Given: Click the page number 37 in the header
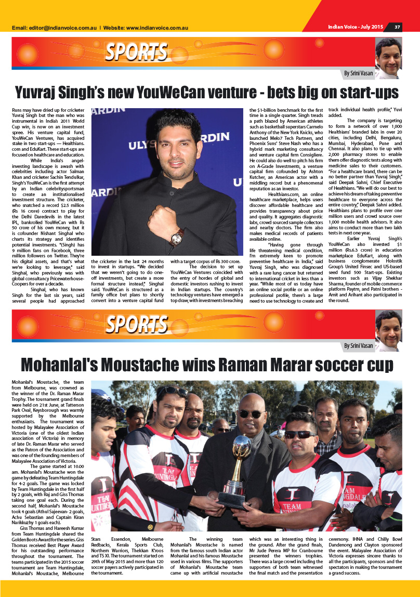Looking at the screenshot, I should [x=397, y=27].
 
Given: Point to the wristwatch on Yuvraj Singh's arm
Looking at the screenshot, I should [x=176, y=238].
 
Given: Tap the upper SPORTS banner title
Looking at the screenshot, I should [x=136, y=52].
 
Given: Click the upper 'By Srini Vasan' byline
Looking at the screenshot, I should [x=358, y=74].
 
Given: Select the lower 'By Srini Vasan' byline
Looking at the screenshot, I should [x=358, y=346].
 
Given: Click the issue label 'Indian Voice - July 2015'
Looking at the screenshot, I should [x=356, y=27].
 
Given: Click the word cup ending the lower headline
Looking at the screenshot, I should [x=381, y=365].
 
